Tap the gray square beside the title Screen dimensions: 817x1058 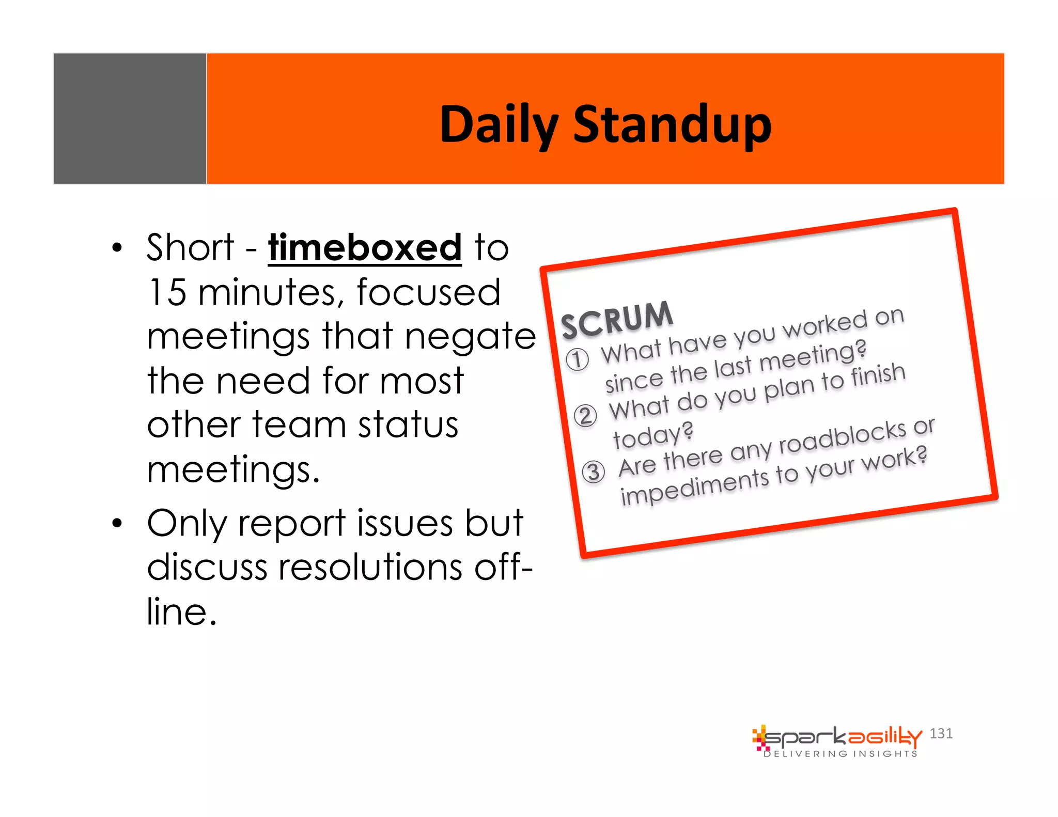pos(130,118)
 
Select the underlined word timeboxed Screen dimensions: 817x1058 pos(364,248)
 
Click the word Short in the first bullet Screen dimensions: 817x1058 pos(190,248)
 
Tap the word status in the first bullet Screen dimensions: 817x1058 pos(408,425)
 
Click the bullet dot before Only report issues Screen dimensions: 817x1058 pos(117,524)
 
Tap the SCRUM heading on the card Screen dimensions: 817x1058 pos(617,320)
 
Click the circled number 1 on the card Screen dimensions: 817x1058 pos(577,359)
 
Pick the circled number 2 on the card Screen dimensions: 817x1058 pos(585,416)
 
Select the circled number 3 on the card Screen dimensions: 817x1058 pos(594,472)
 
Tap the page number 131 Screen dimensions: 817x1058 pos(941,733)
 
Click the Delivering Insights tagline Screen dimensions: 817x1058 pos(841,754)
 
